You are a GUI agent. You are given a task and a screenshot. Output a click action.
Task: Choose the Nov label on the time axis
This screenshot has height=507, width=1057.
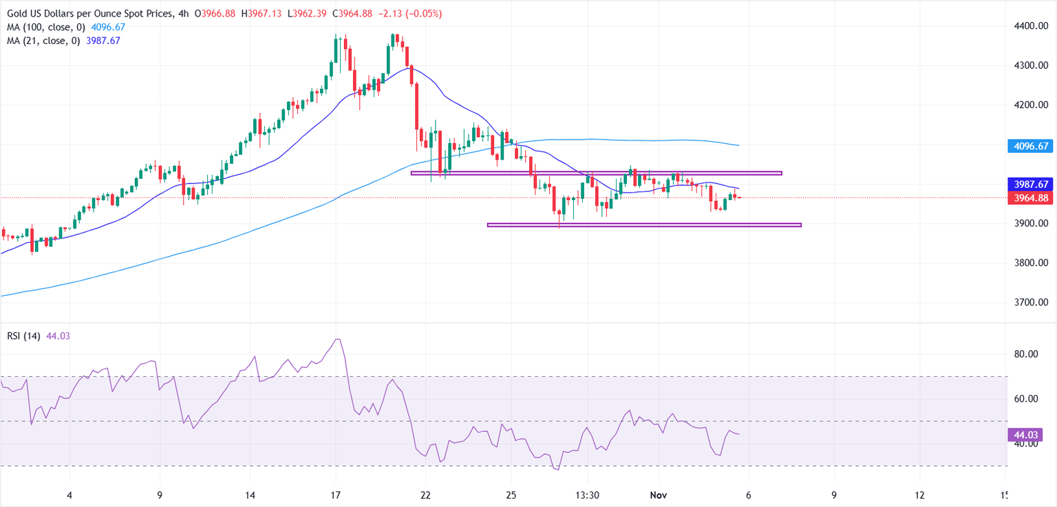pyautogui.click(x=659, y=495)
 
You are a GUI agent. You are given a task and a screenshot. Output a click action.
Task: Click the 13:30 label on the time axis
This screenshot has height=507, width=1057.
pyautogui.click(x=587, y=495)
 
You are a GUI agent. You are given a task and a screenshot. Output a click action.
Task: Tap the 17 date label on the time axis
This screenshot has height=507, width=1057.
pyautogui.click(x=336, y=495)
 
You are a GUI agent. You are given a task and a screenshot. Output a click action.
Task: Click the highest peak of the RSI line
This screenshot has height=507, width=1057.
pyautogui.click(x=337, y=339)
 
